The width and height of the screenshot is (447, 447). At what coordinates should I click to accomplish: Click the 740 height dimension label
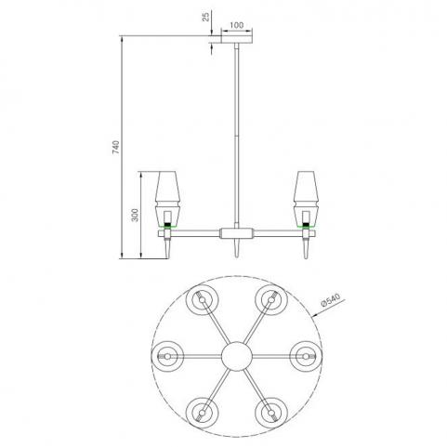(115, 148)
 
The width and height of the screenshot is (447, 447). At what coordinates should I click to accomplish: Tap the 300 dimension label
(135, 215)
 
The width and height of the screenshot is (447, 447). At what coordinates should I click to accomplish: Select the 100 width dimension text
(237, 25)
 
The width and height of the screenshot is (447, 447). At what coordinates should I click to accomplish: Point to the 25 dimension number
(206, 17)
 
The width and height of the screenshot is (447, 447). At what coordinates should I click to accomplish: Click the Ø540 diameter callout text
(331, 300)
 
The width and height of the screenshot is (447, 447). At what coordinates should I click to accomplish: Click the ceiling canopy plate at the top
(237, 39)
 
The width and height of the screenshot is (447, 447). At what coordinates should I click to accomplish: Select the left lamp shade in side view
(167, 199)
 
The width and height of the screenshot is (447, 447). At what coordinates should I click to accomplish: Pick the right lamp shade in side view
(306, 199)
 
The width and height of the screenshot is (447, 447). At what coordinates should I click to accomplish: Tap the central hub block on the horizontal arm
(236, 233)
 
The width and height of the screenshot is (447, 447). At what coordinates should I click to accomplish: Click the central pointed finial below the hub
(237, 248)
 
